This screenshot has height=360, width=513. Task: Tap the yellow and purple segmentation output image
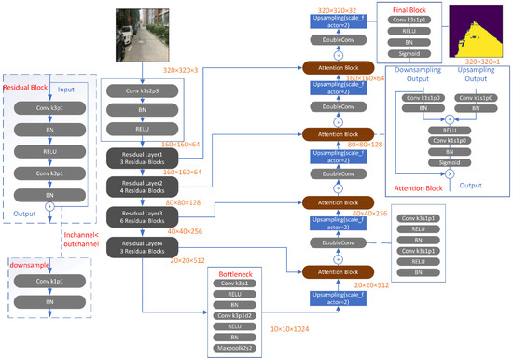tap(478, 31)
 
